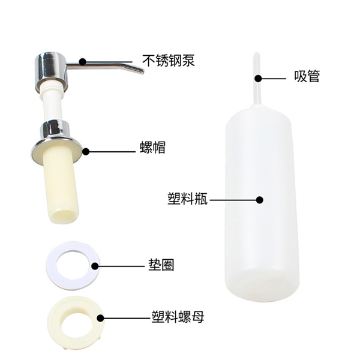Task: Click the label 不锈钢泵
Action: point(169,61)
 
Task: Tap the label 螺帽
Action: point(152,147)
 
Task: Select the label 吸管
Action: point(307,76)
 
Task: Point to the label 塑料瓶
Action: point(188,198)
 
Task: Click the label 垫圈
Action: point(161,265)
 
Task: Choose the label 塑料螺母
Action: point(178,317)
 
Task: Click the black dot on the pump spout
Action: point(82,62)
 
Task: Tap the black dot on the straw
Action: point(258,78)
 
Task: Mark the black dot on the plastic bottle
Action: point(260,200)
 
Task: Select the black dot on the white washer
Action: point(95,266)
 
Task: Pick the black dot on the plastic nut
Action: point(100,318)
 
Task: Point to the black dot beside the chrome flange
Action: point(86,152)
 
